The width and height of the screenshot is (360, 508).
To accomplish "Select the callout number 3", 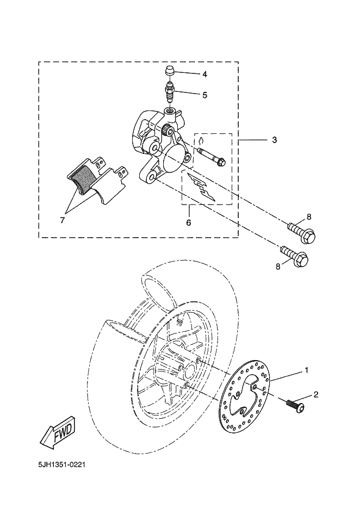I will [x=275, y=140].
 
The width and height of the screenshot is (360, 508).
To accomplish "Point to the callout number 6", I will [x=189, y=222].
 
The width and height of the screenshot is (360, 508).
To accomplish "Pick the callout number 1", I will [x=307, y=370].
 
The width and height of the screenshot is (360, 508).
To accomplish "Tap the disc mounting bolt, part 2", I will [x=295, y=405].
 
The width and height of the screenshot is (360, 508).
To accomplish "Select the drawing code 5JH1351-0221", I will [x=61, y=466].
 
